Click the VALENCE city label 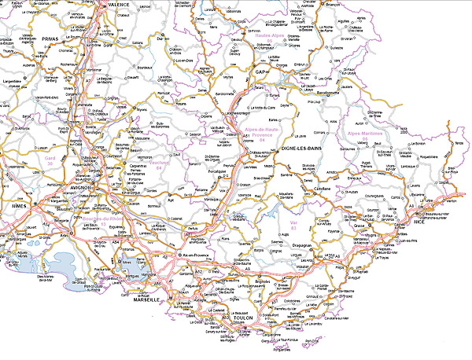(x=118, y=4)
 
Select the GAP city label (x=262, y=72)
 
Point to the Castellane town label (x=323, y=189)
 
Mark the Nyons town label (x=142, y=109)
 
